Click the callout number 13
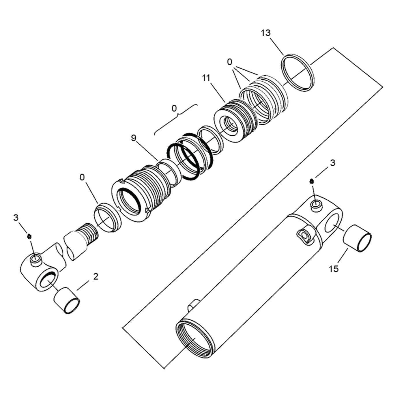266,33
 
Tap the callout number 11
206,78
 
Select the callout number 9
133,138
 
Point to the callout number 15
333,269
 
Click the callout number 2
96,276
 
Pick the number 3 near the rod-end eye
16,218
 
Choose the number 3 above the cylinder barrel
332,163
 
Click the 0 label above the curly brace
174,108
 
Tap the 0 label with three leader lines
230,62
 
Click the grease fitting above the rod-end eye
29,236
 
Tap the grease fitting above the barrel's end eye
311,181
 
